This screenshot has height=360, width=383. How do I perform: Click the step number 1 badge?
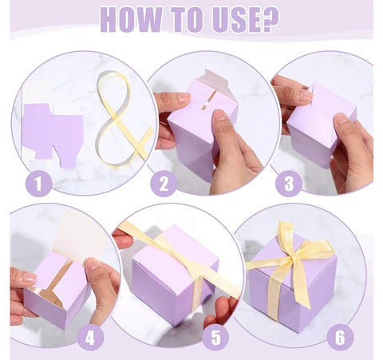pyautogui.click(x=38, y=184)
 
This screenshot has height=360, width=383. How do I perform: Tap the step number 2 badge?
pyautogui.click(x=164, y=184)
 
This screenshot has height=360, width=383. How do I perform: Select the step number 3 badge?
pyautogui.click(x=289, y=184)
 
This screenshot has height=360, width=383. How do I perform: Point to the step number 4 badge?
pyautogui.click(x=90, y=338)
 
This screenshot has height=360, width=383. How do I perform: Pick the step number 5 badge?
pyautogui.click(x=215, y=338)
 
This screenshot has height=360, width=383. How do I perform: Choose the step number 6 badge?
pyautogui.click(x=340, y=338)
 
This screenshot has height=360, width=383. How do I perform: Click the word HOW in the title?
pyautogui.click(x=132, y=20)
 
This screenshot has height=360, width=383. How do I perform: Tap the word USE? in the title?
pyautogui.click(x=246, y=19)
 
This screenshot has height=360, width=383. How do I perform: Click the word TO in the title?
pyautogui.click(x=188, y=20)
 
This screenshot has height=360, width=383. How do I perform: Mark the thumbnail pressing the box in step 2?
pyautogui.click(x=184, y=98)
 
